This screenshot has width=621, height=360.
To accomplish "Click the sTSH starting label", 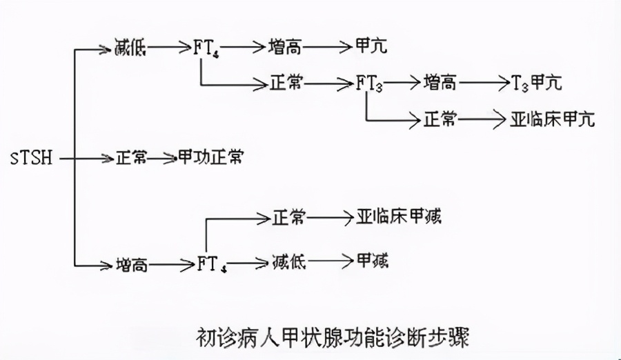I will click(x=32, y=158).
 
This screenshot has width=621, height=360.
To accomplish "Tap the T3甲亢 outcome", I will click(x=536, y=83).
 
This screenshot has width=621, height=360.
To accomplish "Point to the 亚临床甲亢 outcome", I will click(x=552, y=119).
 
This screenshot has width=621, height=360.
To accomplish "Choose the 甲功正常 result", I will click(x=210, y=158).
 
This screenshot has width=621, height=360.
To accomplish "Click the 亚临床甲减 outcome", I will click(x=399, y=218).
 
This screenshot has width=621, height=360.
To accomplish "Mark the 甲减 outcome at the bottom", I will click(x=372, y=261).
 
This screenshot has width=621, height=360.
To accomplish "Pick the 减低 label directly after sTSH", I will click(x=130, y=48).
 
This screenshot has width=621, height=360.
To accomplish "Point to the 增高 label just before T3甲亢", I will click(x=440, y=83).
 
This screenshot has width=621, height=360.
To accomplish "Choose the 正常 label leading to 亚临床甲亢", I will click(x=440, y=119).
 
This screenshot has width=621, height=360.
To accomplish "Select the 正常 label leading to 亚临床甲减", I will click(x=288, y=218).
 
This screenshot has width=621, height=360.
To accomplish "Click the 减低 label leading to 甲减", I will click(x=288, y=261).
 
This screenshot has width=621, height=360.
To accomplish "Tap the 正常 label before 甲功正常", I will click(x=130, y=158).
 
